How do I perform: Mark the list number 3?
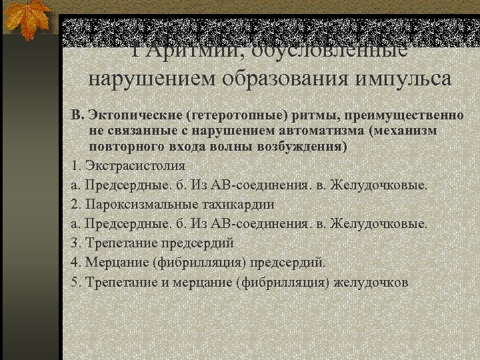point(75,243)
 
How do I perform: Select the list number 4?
point(75,262)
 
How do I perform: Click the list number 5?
point(75,282)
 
